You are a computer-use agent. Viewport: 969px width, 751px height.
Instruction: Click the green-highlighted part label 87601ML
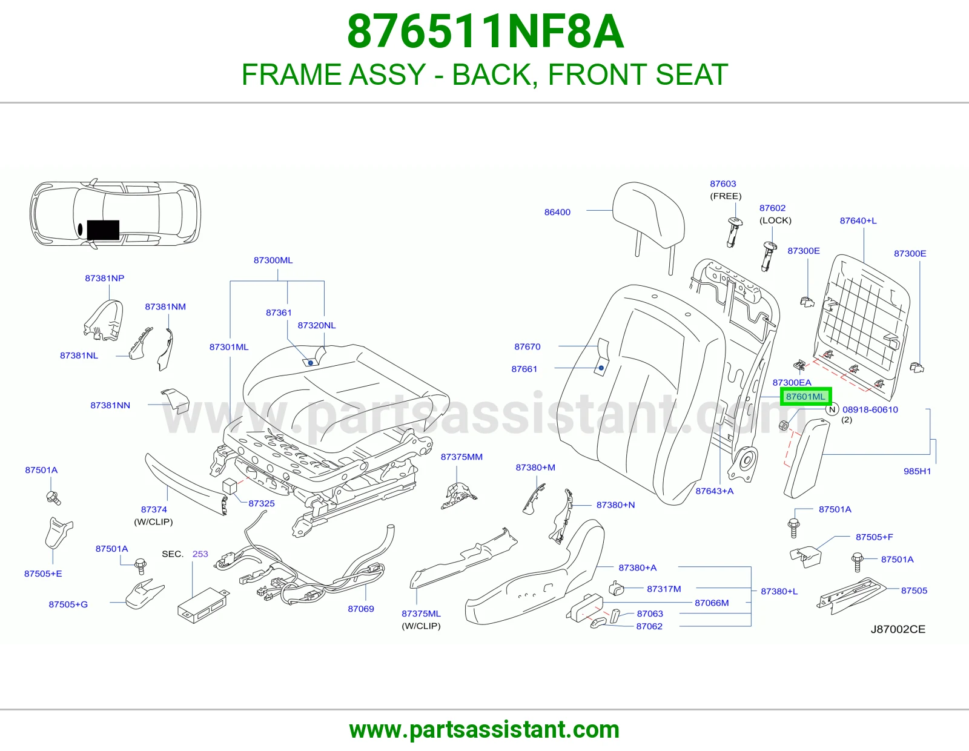pos(805,397)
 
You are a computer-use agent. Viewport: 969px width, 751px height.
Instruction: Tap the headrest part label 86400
pos(557,212)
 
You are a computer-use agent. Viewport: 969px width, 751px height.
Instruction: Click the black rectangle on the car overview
pos(103,230)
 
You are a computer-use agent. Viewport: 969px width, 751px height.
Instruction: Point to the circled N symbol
pos(832,409)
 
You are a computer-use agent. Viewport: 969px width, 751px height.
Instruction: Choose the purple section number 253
pos(200,554)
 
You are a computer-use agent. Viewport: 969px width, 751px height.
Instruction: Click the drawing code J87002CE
pos(898,629)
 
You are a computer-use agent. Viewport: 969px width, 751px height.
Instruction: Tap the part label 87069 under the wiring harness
pos(361,609)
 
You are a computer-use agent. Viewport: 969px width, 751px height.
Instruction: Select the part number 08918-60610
pos(870,409)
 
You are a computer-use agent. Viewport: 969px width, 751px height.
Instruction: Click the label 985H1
pos(918,471)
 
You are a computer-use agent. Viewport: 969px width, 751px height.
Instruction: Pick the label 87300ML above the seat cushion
pos(273,260)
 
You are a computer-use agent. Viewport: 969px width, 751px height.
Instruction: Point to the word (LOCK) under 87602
pos(775,220)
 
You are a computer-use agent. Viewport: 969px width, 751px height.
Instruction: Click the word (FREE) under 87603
pos(726,196)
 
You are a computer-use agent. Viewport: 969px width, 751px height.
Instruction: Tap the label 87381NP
pos(104,278)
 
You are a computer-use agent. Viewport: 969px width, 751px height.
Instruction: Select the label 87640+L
pos(858,220)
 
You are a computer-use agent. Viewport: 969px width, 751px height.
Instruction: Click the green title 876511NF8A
pos(485,31)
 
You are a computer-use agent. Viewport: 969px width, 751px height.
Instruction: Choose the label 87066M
pos(712,603)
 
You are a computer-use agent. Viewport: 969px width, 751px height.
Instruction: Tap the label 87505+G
pos(68,604)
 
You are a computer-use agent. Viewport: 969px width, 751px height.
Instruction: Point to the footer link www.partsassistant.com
pos(484,730)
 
